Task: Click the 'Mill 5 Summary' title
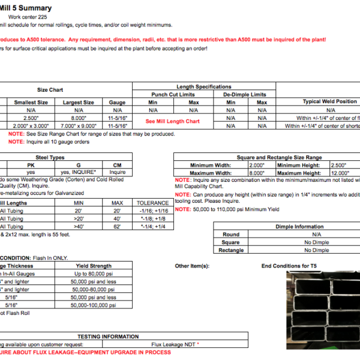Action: point(26,8)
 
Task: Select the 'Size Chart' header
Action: point(50,90)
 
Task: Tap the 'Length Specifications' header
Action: point(204,87)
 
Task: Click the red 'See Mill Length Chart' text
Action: point(173,121)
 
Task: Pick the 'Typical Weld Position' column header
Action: point(329,101)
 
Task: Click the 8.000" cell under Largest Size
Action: point(79,118)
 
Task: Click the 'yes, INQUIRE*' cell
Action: point(79,172)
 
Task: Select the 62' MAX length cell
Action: point(118,226)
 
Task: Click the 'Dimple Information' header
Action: point(301,227)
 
